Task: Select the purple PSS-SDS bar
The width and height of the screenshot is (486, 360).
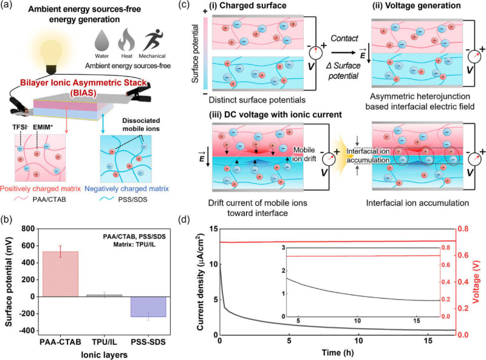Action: coord(148,307)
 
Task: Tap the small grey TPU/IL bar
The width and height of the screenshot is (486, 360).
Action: coord(104,296)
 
